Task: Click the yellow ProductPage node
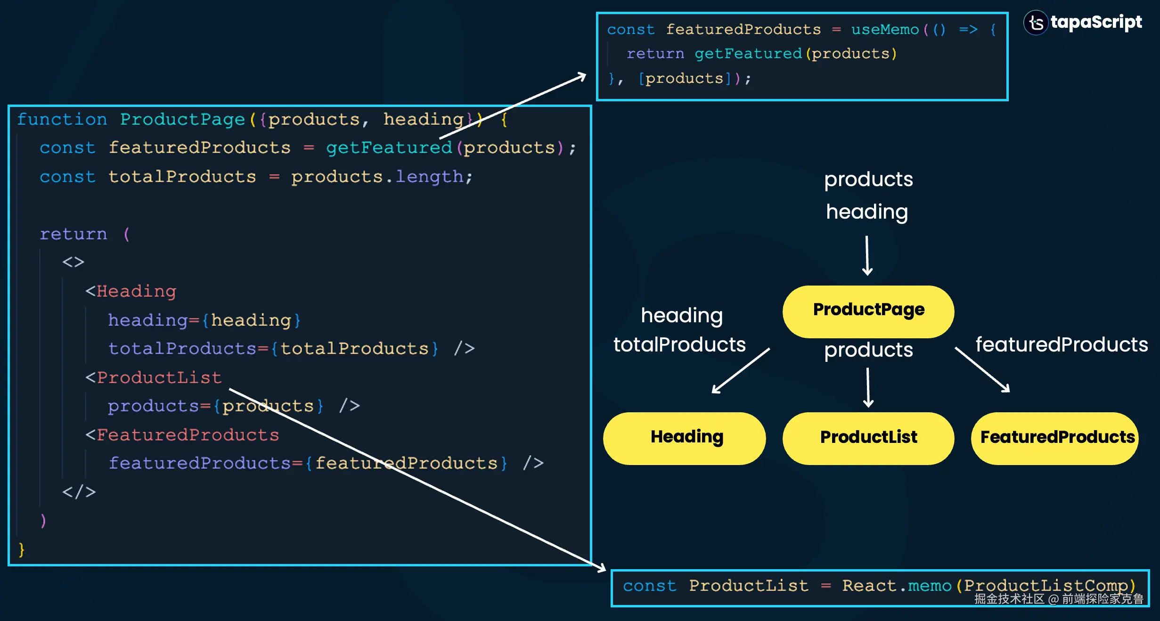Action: coord(868,311)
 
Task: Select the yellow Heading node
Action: coord(685,438)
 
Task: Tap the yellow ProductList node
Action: coord(868,438)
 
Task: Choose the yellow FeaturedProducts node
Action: coord(1055,438)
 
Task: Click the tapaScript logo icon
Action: coord(1036,23)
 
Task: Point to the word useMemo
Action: coord(885,30)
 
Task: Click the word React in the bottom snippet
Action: coord(869,585)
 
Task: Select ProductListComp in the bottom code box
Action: coord(1046,585)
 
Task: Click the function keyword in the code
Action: coord(62,119)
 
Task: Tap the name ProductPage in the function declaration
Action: coord(182,120)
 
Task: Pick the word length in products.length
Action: coord(429,177)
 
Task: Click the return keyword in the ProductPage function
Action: coord(74,234)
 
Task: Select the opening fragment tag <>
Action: coord(74,262)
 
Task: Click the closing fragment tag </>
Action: coord(79,492)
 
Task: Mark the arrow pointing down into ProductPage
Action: coord(867,256)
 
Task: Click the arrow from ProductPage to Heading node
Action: coord(741,370)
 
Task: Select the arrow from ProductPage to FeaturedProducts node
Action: coord(982,370)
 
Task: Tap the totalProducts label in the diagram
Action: coord(679,344)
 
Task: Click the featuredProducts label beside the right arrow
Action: coord(1062,344)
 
